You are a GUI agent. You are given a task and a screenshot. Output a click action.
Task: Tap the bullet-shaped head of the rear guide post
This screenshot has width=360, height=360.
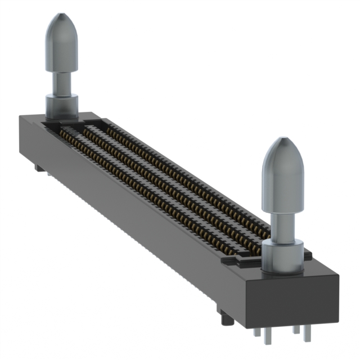(x=61, y=42)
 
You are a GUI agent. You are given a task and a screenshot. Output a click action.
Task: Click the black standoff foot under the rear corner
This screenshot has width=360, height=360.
(x=37, y=168)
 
